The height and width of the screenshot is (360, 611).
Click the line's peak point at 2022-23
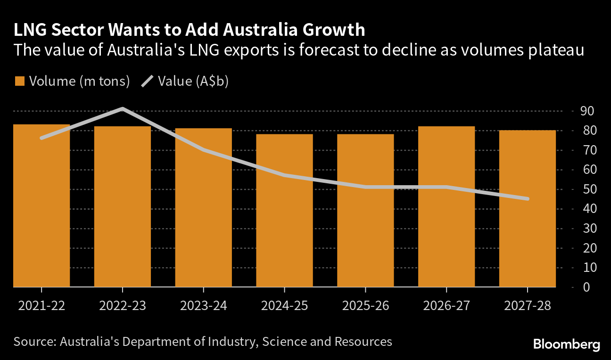pyautogui.click(x=123, y=109)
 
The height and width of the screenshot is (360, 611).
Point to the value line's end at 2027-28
pyautogui.click(x=527, y=199)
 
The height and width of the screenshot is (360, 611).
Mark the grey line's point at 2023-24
pyautogui.click(x=204, y=150)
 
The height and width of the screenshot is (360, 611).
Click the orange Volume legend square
pyautogui.click(x=19, y=81)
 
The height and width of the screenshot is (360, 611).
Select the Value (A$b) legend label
pyautogui.click(x=193, y=81)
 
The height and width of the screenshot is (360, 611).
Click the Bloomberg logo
pyautogui.click(x=567, y=344)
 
